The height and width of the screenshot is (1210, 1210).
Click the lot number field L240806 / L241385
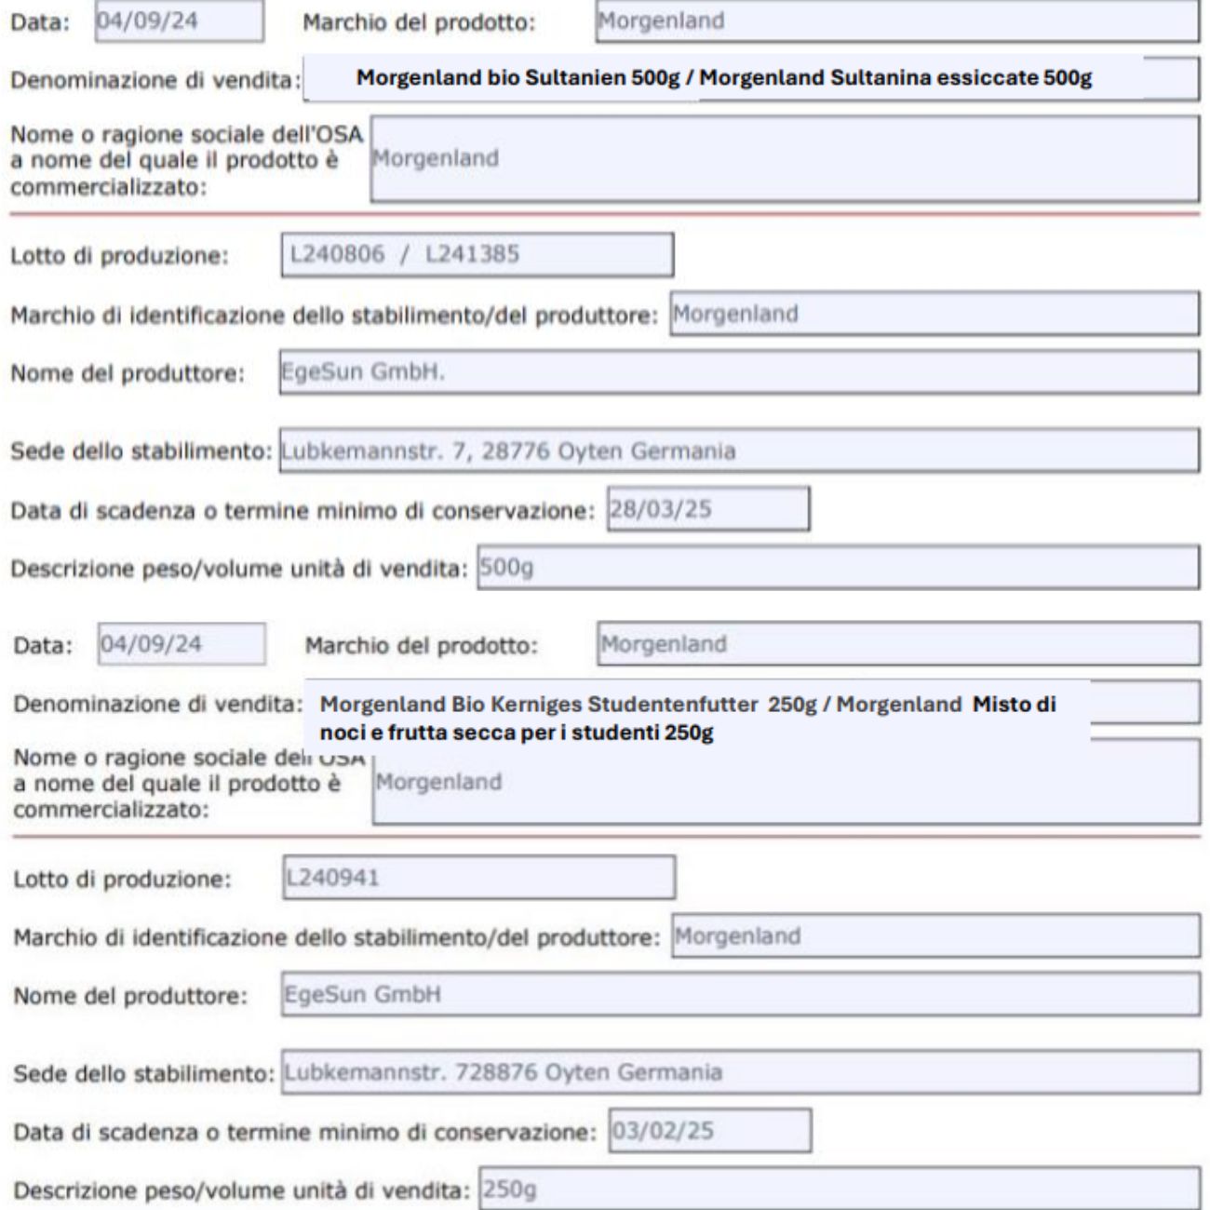click(x=477, y=255)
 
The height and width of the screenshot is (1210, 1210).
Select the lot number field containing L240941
click(x=479, y=878)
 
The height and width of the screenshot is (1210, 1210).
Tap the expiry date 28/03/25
click(x=707, y=509)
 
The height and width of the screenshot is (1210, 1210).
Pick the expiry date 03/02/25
click(x=709, y=1131)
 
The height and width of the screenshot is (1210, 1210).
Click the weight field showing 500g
click(x=838, y=568)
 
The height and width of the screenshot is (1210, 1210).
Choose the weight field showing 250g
click(x=838, y=1190)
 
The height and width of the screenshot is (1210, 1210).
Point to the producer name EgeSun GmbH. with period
click(x=364, y=372)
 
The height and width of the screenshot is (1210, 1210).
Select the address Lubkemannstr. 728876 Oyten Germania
click(x=503, y=1072)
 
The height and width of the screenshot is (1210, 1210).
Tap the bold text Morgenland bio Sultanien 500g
click(x=521, y=78)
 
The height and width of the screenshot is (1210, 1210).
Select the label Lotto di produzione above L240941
click(x=122, y=879)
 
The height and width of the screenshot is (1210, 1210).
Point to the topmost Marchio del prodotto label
click(x=419, y=22)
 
